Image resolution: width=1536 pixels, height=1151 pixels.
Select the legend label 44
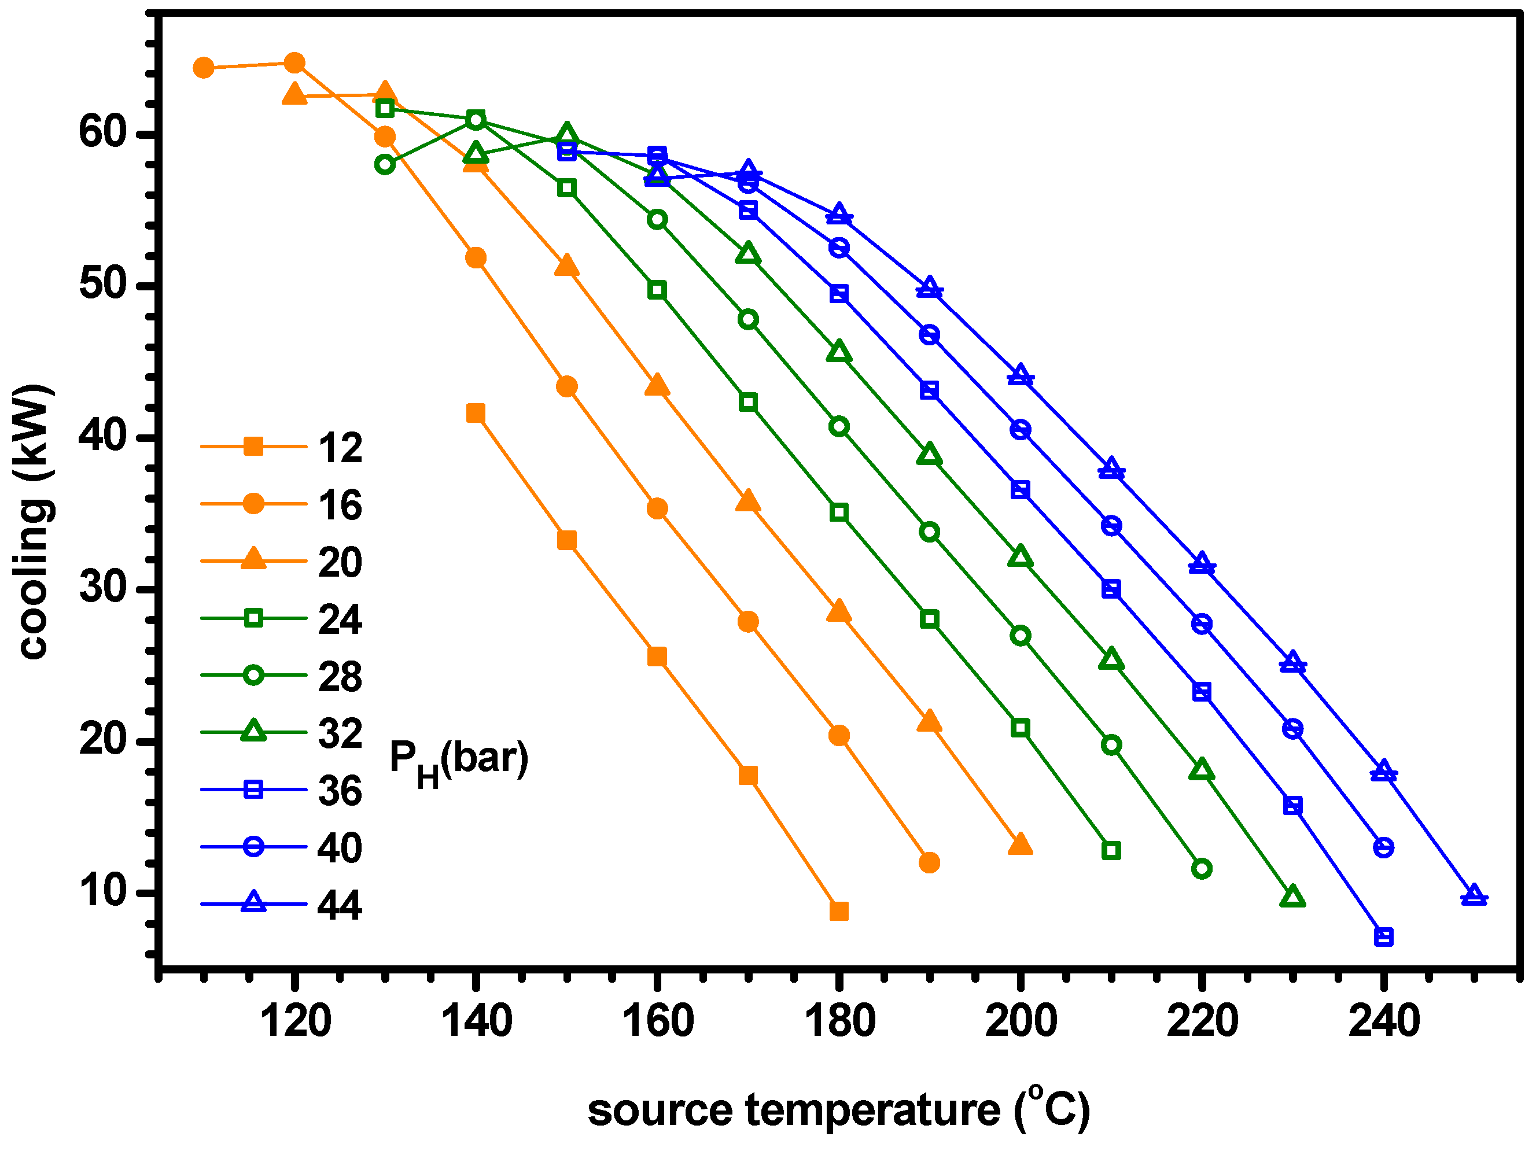pyautogui.click(x=340, y=905)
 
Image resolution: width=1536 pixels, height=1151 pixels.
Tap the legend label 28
pyautogui.click(x=340, y=676)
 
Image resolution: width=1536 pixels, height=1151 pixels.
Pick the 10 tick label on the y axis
pyautogui.click(x=104, y=890)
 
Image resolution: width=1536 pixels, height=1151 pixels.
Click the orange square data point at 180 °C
pyautogui.click(x=839, y=912)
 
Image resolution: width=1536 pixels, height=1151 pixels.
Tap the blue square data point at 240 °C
pyautogui.click(x=1384, y=937)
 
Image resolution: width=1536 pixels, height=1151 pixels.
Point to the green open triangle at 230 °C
pyautogui.click(x=1292, y=897)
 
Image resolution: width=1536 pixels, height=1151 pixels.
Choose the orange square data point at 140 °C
pyautogui.click(x=476, y=414)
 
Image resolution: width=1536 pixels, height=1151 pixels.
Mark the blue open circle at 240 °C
pyautogui.click(x=1384, y=847)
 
